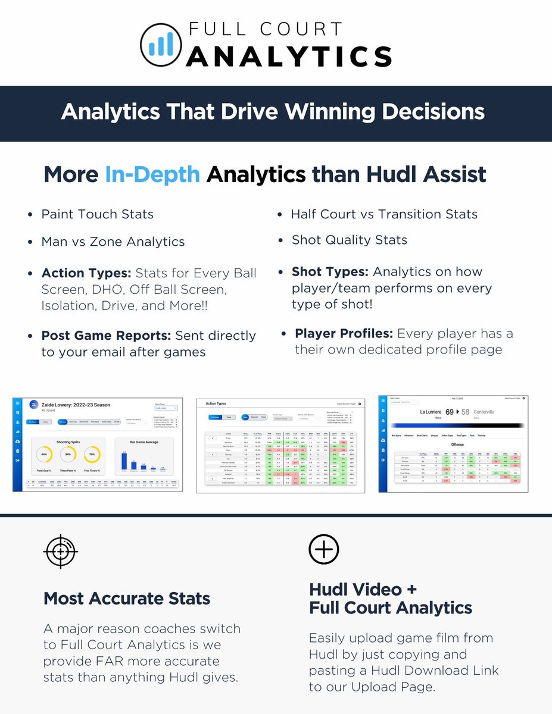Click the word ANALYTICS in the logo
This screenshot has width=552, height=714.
click(289, 57)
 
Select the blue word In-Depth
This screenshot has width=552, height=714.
click(152, 174)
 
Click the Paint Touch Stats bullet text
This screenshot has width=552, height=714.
click(97, 214)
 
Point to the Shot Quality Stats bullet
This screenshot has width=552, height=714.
click(350, 240)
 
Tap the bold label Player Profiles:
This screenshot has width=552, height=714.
click(344, 333)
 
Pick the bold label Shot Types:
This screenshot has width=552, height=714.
click(330, 271)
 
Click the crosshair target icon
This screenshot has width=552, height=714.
click(60, 552)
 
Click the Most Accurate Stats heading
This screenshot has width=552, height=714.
click(127, 598)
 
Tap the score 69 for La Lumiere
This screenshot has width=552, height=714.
click(449, 412)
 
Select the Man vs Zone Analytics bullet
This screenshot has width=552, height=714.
click(113, 242)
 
